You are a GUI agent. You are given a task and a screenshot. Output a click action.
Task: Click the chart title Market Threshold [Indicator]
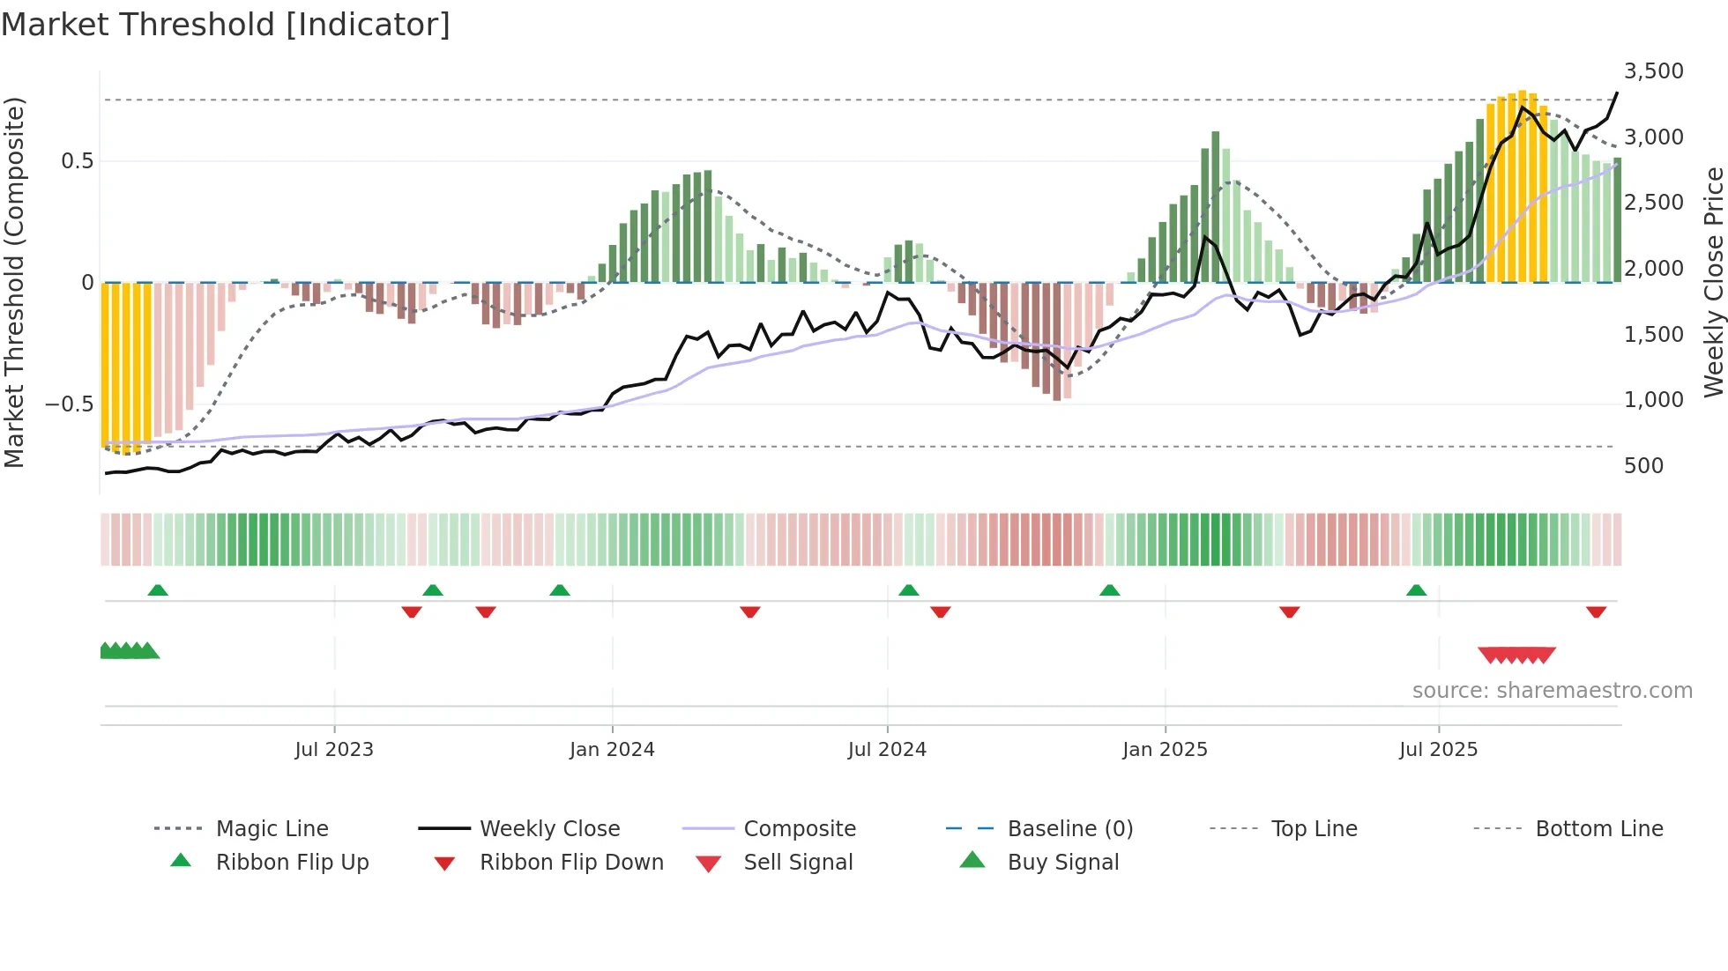point(226,25)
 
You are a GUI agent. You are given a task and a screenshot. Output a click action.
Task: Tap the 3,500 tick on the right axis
point(1653,71)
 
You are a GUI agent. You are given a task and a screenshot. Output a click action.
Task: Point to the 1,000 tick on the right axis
point(1653,400)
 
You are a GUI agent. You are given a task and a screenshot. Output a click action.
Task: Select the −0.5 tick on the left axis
point(69,404)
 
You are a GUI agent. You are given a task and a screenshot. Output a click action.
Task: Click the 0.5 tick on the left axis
point(77,161)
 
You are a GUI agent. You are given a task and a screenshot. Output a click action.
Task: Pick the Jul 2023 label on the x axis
point(334,750)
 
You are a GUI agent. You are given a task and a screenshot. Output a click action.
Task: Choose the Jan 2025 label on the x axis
point(1165,750)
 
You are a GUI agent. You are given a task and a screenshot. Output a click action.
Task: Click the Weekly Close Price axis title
point(1713,282)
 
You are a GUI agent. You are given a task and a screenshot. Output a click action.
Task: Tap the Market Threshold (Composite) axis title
point(14,282)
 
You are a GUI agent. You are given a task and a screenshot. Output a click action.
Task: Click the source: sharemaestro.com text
point(1552,691)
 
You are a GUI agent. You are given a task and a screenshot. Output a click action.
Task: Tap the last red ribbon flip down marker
point(1596,612)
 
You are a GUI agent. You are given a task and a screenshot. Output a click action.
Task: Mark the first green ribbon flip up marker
point(158,590)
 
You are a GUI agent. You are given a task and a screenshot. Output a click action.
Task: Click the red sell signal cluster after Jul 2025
point(1516,655)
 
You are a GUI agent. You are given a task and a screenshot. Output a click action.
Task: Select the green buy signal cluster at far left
point(129,651)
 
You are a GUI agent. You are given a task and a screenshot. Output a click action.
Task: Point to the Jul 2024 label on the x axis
point(887,750)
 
